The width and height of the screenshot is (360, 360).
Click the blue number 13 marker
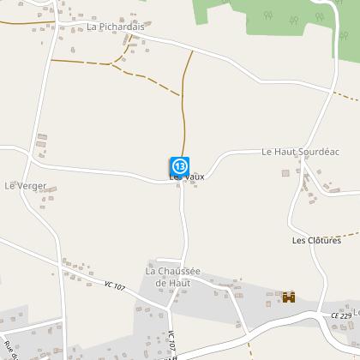click(179, 165)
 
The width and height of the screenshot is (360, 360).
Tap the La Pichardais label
click(117, 27)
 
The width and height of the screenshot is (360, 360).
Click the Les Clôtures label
click(312, 240)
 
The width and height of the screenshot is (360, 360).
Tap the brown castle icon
click(289, 297)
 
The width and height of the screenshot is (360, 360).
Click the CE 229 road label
click(341, 316)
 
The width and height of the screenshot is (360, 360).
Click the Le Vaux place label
click(189, 176)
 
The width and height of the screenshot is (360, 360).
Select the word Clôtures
click(319, 240)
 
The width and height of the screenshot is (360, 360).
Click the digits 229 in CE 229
click(345, 316)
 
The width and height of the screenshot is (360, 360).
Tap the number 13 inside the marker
click(179, 164)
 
